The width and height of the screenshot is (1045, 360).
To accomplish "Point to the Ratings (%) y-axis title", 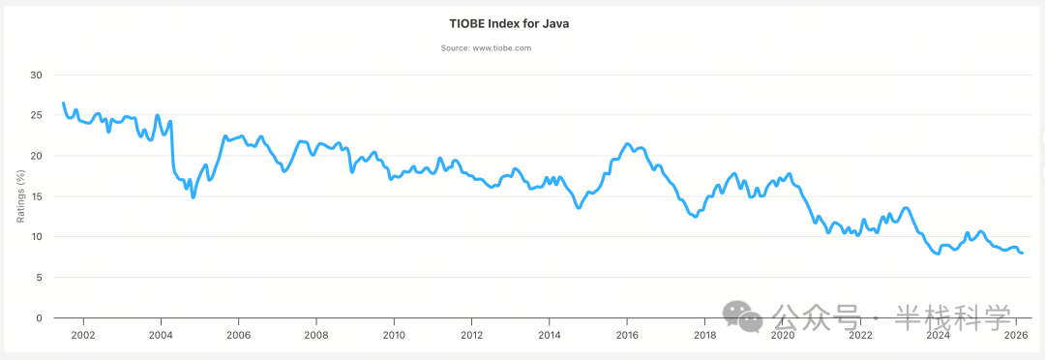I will tap(21, 196).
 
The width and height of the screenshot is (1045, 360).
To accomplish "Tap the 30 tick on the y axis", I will tap(36, 75).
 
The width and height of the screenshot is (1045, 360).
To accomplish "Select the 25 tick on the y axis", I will tap(36, 115).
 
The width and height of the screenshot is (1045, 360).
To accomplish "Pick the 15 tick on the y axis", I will tap(36, 196).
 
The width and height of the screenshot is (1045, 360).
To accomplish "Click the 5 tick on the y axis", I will tap(39, 278).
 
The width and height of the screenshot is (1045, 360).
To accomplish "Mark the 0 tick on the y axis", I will tap(39, 318).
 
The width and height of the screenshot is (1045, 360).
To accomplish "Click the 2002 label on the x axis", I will tap(83, 336).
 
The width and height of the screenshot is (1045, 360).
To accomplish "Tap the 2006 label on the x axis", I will tap(238, 336).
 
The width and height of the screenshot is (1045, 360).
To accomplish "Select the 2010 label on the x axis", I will tap(394, 336).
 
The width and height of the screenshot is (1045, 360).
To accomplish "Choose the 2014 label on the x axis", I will tap(550, 336).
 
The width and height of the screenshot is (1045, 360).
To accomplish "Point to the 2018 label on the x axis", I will tap(704, 336).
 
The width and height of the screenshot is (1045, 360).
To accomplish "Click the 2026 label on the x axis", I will tap(1015, 336).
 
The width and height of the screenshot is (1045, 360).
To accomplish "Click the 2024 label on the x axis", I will tap(938, 336).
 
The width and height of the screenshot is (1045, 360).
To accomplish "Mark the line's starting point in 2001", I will tap(64, 103).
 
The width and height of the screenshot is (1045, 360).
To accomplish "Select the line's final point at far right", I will tap(1023, 253).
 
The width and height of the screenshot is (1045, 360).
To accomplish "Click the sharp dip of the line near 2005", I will tap(194, 196).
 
